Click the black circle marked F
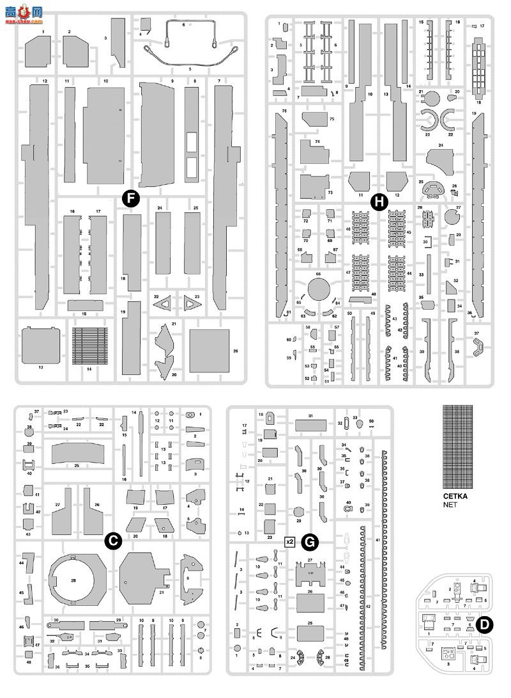(130, 199)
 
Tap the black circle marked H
(379, 202)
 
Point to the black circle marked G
(310, 543)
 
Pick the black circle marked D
(485, 625)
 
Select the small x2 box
(289, 542)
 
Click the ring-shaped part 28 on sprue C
(74, 580)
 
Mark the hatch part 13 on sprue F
(41, 346)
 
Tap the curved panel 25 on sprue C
(77, 453)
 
